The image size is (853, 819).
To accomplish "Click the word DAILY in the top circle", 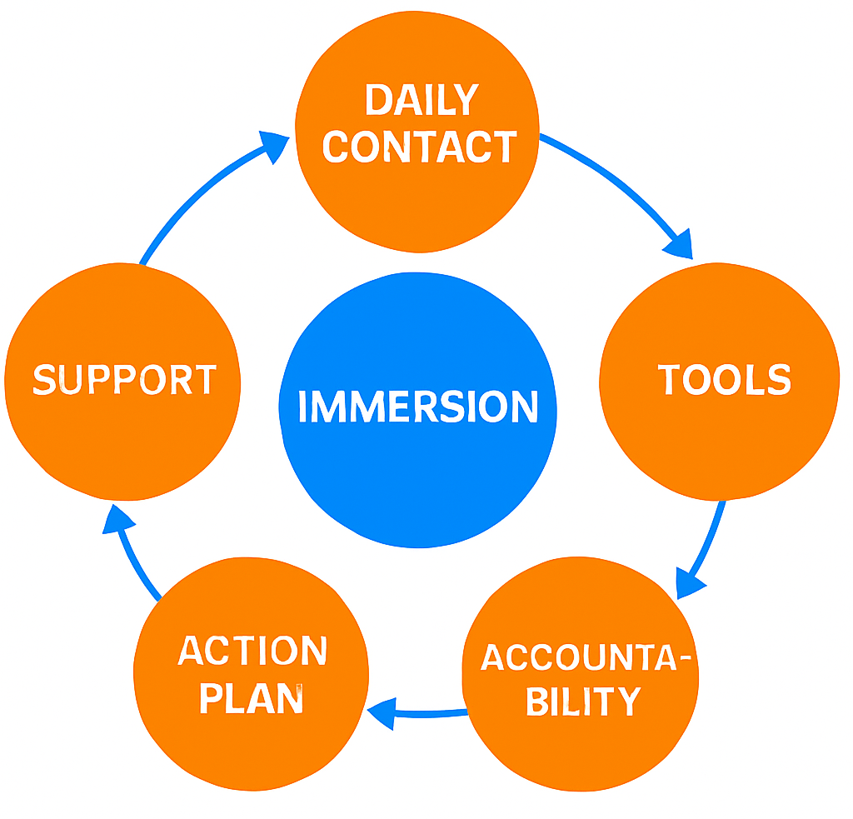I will click(421, 101).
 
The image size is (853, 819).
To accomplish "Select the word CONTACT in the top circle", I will click(420, 147).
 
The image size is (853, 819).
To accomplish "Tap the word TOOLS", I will click(724, 380).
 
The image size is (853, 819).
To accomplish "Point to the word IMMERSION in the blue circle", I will click(418, 407).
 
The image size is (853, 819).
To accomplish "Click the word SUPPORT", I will click(125, 380).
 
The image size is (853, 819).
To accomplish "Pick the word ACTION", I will click(253, 652).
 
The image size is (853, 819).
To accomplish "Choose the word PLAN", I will click(252, 698).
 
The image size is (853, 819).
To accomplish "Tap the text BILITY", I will click(582, 702).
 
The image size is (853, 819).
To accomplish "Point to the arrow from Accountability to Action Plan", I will click(421, 713).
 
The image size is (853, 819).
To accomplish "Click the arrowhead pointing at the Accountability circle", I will click(688, 583).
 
